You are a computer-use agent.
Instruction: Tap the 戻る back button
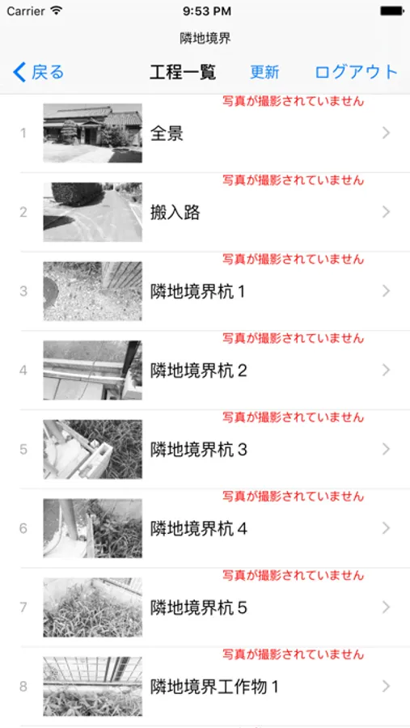[x=38, y=73]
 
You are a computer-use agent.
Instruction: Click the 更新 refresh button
[x=264, y=73]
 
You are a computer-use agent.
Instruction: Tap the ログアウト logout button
[x=356, y=73]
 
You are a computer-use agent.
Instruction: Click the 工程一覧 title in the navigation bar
[x=183, y=73]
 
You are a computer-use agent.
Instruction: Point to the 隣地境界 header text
[x=205, y=39]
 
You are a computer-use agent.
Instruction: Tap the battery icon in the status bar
[x=392, y=11]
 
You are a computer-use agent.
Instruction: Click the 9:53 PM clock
[x=207, y=11]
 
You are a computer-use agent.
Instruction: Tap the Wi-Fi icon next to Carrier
[x=57, y=11]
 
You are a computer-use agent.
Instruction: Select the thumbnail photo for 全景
[x=93, y=133]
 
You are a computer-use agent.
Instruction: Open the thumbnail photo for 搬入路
[x=93, y=212]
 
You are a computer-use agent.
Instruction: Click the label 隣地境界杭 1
[x=197, y=291]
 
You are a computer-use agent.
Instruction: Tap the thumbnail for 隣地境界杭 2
[x=93, y=370]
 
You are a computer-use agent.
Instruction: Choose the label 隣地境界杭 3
[x=199, y=450]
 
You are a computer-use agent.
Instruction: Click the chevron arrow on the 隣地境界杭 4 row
[x=386, y=528]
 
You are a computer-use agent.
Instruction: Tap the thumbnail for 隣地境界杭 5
[x=93, y=607]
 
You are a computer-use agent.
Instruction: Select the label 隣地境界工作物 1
[x=214, y=687]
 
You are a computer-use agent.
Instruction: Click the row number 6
[x=23, y=528]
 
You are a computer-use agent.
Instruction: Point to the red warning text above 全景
[x=293, y=101]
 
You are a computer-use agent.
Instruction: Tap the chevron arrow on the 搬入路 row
[x=386, y=212]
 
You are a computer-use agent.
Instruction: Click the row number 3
[x=23, y=291]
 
